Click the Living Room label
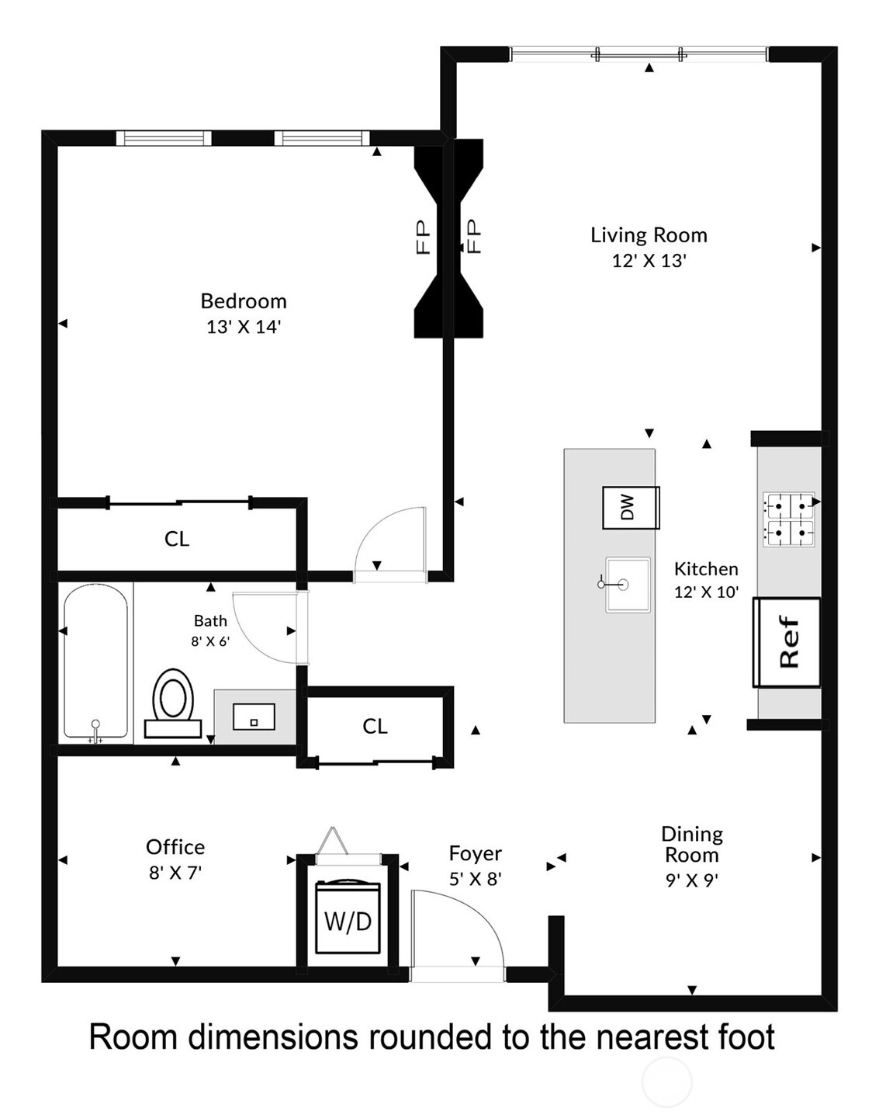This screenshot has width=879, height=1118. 649,235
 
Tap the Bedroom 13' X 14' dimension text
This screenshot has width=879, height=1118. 244,327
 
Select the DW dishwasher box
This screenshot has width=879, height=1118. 630,508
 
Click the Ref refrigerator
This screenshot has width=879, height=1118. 787,642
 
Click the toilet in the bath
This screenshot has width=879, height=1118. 173,703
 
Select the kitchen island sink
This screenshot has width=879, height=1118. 627,585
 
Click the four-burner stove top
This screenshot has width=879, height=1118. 789,519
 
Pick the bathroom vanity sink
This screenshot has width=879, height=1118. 254,717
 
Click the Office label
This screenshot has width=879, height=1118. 175,847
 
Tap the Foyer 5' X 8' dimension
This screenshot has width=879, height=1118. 475,879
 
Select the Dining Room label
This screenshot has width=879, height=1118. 692,845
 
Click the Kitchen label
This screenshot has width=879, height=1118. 706,569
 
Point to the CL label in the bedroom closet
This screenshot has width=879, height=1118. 177,540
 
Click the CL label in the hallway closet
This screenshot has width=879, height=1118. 375,726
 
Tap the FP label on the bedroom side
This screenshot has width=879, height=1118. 424,237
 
